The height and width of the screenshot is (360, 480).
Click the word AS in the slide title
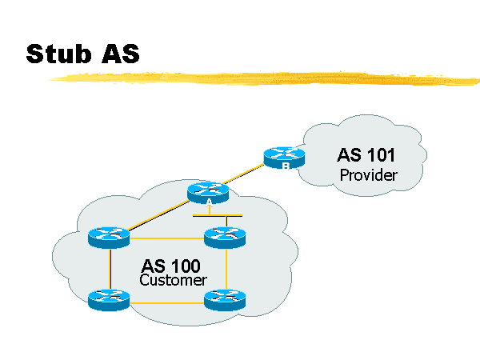click(119, 54)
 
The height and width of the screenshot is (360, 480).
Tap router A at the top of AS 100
click(208, 192)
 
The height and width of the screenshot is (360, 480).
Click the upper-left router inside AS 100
click(109, 236)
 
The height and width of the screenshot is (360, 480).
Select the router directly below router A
click(225, 236)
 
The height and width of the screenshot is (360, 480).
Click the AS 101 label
click(366, 154)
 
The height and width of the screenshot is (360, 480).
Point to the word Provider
click(368, 174)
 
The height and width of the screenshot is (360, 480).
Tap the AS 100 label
click(171, 266)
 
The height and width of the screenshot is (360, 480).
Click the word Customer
click(173, 281)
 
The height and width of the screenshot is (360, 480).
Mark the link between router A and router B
click(246, 174)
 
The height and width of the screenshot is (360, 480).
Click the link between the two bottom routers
click(166, 302)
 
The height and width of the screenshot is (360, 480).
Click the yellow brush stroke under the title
click(264, 78)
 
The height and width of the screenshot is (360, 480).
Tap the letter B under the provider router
click(284, 166)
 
